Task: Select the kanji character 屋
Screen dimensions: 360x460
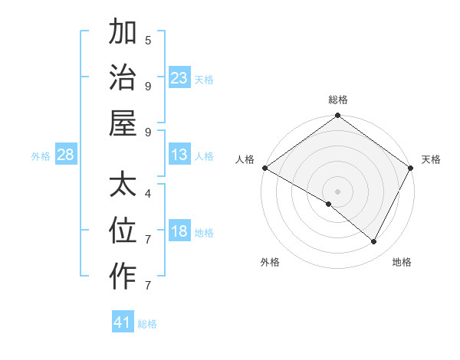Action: click(123, 123)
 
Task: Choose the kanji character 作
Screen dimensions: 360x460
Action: click(123, 277)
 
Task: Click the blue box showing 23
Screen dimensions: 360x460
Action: click(179, 78)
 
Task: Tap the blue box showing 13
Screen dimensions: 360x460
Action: click(179, 155)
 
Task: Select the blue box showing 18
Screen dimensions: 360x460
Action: click(179, 232)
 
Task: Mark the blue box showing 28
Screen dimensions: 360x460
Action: click(66, 155)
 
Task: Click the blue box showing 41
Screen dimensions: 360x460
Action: click(123, 322)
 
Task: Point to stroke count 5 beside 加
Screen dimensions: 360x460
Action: click(148, 40)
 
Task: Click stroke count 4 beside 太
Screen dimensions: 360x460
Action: click(148, 193)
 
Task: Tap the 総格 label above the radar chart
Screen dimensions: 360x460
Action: click(338, 100)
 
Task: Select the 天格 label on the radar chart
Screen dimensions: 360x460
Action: click(431, 159)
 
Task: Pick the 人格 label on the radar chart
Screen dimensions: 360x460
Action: click(245, 159)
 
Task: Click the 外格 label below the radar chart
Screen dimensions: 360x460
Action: click(269, 262)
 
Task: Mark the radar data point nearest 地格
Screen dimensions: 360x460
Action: click(374, 242)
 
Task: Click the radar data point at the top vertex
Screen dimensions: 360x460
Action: click(338, 116)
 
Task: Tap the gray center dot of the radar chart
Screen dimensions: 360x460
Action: click(338, 191)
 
